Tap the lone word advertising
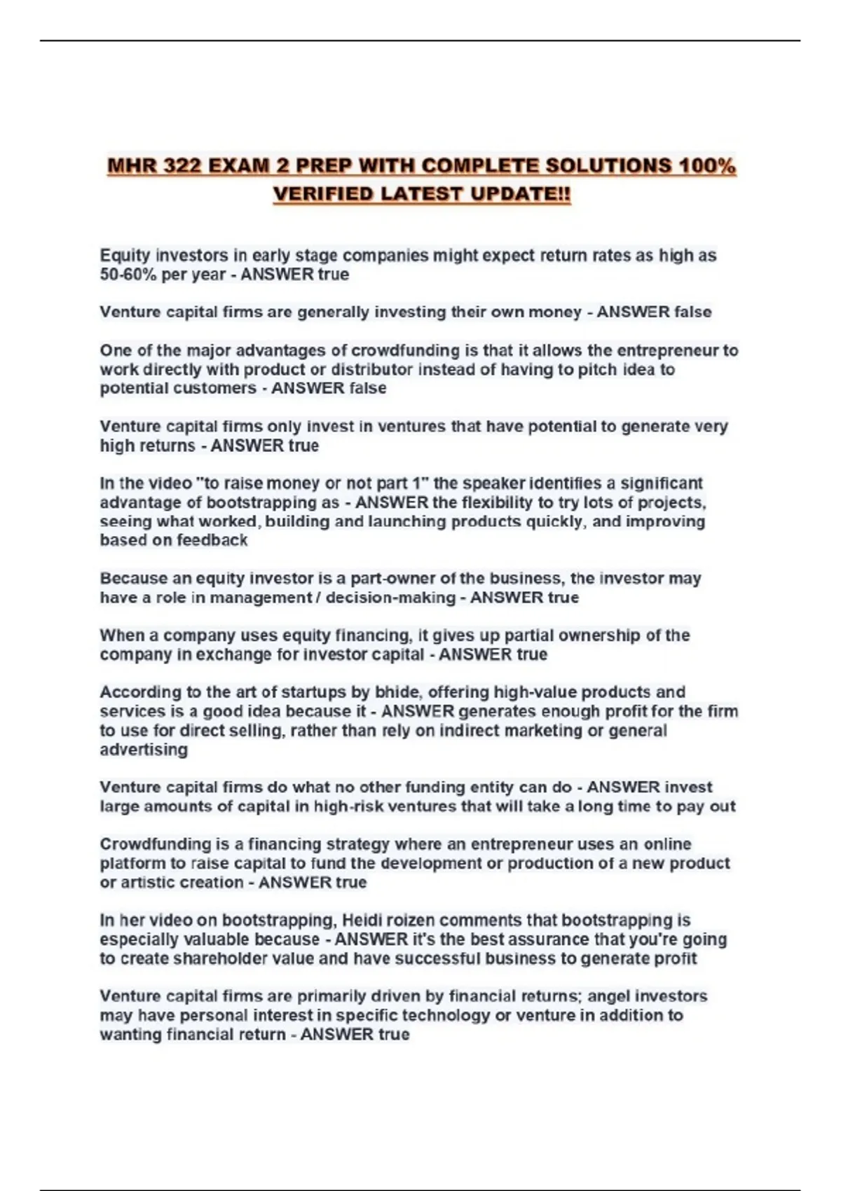tap(144, 750)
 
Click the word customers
tap(219, 388)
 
